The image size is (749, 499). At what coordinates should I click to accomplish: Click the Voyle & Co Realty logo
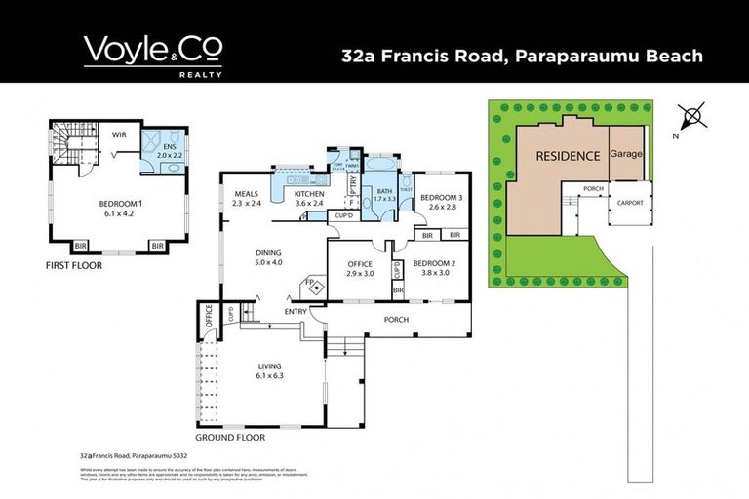click(152, 55)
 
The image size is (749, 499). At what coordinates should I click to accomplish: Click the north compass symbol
click(693, 118)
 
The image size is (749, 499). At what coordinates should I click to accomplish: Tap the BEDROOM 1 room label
click(120, 208)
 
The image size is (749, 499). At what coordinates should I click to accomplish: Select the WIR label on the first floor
click(119, 135)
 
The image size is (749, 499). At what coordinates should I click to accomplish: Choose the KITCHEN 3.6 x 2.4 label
click(314, 198)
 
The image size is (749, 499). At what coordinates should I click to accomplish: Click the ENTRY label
click(296, 312)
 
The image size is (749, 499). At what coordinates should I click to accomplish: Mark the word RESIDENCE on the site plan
click(566, 155)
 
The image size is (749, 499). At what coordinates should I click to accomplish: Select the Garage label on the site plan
click(626, 154)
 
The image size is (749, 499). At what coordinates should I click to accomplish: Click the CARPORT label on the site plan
click(626, 204)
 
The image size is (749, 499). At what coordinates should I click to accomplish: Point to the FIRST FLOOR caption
click(75, 264)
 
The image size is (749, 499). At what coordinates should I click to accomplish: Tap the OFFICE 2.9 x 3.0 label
click(360, 268)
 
